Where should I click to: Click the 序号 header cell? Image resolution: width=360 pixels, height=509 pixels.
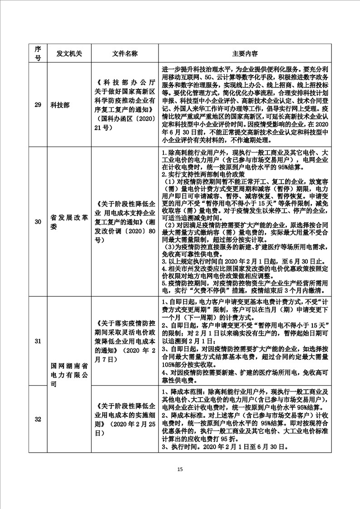coord(38,54)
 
